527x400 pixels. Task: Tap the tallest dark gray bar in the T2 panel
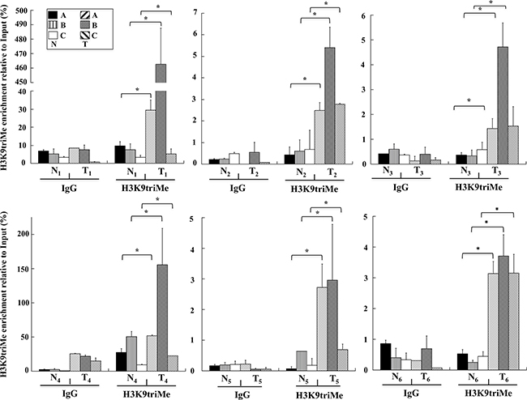[329, 105]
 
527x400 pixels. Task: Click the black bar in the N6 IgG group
[362, 356]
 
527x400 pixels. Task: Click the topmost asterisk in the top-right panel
[493, 6]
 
